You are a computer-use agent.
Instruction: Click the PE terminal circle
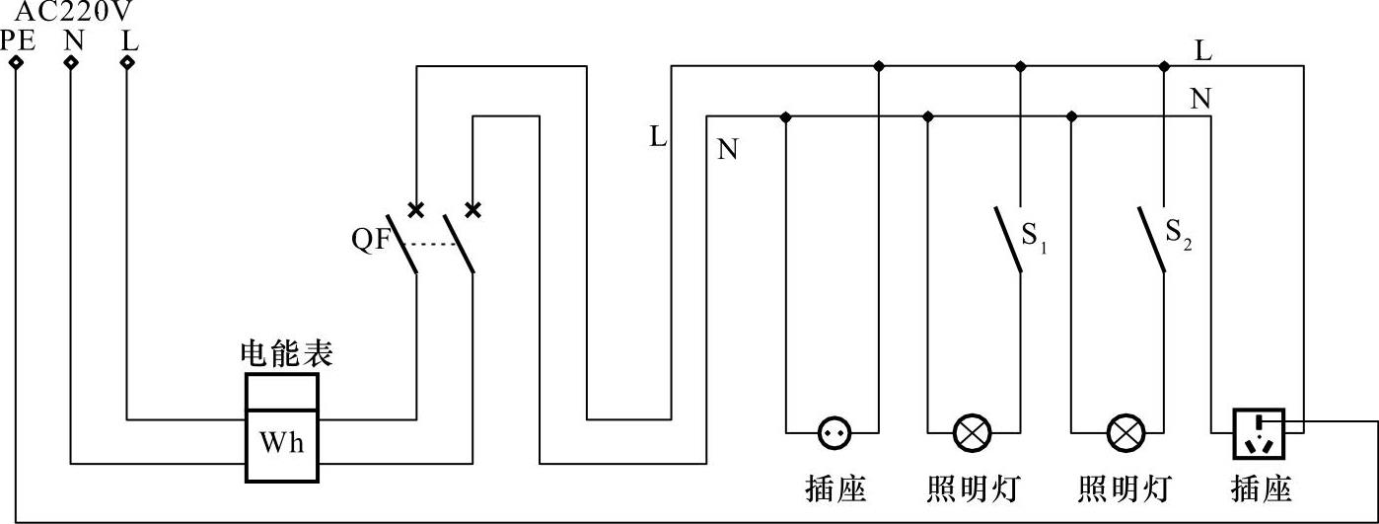pos(16,62)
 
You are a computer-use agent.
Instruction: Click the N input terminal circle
pos(71,62)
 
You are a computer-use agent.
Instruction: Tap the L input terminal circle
pos(127,62)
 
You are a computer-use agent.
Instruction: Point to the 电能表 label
pos(286,354)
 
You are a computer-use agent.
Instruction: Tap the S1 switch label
pos(1033,237)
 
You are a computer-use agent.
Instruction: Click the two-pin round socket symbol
pos(835,432)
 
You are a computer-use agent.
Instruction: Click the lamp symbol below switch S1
pos(973,432)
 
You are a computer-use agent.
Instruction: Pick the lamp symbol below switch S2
pos(1125,432)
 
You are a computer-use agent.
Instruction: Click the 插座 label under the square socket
pos(1261,488)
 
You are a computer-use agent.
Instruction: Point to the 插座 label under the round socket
pos(835,488)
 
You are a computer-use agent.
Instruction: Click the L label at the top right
pos(1203,50)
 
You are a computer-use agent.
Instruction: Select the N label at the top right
pos(1200,99)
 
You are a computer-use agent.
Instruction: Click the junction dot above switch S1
pos(1020,66)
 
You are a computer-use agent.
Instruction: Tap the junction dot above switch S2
pos(1164,66)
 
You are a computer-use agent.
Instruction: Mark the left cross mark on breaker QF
pos(416,209)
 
